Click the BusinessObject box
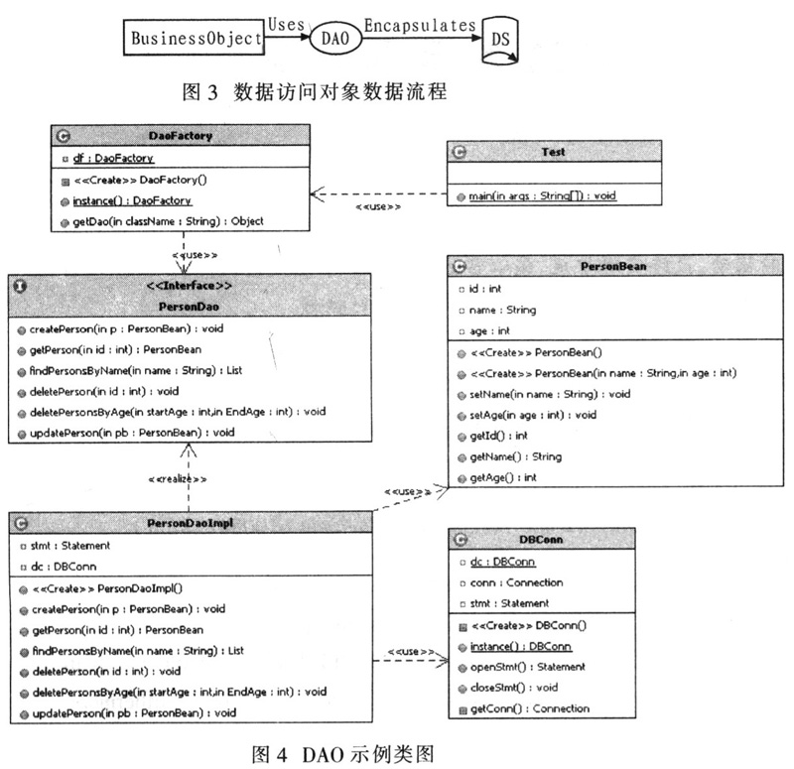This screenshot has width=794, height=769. click(x=195, y=41)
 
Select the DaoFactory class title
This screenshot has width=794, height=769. click(x=181, y=136)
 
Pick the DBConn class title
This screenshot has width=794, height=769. click(x=570, y=539)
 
